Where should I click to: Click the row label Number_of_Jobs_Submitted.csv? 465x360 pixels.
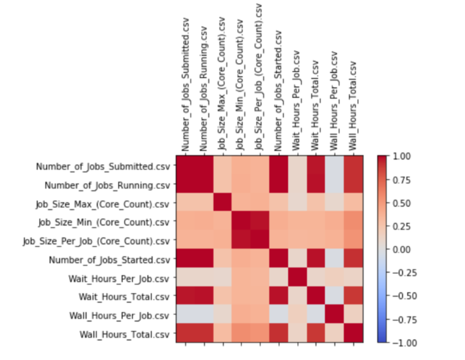103,166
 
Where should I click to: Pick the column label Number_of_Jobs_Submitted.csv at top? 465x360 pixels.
186,88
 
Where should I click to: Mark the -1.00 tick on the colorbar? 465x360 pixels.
395,342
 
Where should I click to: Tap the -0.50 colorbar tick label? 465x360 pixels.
395,296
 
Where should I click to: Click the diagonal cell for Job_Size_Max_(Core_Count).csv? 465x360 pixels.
223,203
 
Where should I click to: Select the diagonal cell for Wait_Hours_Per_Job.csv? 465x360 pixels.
298,278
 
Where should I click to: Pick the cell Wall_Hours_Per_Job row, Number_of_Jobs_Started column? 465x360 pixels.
279,315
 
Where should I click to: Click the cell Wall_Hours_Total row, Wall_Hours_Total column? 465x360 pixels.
354,333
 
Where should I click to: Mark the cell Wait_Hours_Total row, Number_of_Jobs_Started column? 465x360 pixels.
279,296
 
